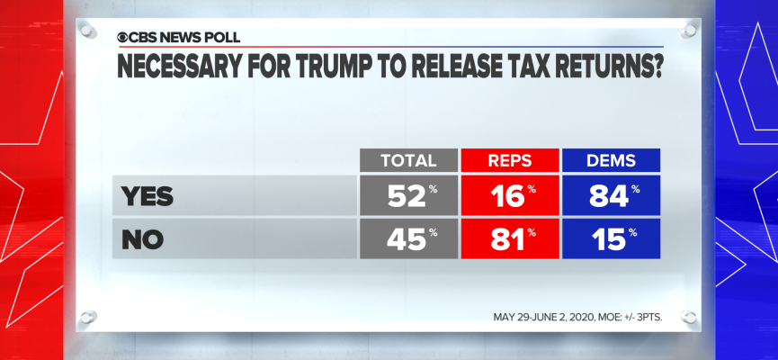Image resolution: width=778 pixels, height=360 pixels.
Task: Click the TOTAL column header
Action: point(408,160)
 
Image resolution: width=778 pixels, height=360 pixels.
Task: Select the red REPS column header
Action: point(510,160)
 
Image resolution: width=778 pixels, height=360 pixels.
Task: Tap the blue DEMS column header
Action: point(612,160)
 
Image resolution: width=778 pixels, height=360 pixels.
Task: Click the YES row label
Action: point(148,195)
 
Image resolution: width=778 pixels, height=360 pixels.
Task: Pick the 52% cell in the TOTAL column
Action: point(408,195)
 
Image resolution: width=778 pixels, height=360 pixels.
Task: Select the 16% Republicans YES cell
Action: point(510,195)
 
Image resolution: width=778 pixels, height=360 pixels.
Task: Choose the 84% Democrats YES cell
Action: point(612,195)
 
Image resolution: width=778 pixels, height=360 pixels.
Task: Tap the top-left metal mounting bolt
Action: point(87,31)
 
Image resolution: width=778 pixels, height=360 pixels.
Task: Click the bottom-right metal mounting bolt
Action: point(689,317)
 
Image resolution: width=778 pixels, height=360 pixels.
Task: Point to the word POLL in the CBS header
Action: point(220,37)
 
